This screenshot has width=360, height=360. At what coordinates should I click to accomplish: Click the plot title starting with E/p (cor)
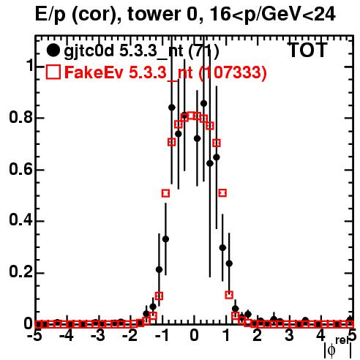coord(185,14)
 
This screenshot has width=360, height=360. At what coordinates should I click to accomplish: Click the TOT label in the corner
coord(307,50)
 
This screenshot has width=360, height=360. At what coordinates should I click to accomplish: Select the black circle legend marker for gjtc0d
coord(53,50)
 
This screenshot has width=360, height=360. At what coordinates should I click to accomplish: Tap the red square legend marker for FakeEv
coord(53,72)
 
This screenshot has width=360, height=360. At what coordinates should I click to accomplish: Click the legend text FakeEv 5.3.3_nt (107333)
coord(165,72)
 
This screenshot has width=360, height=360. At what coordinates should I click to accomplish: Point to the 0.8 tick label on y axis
coord(20,118)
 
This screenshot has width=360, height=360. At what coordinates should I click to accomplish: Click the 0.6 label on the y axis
coord(20,169)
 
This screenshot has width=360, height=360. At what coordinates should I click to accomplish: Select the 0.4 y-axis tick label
coord(20,220)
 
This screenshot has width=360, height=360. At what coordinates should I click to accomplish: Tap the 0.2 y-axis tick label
coord(20,272)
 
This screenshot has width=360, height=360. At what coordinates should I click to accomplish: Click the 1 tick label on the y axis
coord(30,66)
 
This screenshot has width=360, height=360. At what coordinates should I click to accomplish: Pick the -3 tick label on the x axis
coord(99,336)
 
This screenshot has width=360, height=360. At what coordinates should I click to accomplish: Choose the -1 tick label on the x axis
coord(162,336)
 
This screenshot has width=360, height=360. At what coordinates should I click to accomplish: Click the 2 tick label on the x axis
coord(257,336)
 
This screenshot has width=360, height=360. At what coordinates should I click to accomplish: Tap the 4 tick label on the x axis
coord(320,336)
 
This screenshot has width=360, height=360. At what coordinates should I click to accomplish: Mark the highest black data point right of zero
coord(203,103)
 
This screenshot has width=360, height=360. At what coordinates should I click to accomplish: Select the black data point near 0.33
coord(165,239)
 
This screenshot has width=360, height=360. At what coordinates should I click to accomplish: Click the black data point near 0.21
coord(159,270)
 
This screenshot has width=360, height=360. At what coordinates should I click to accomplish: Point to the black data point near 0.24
coord(229,263)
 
